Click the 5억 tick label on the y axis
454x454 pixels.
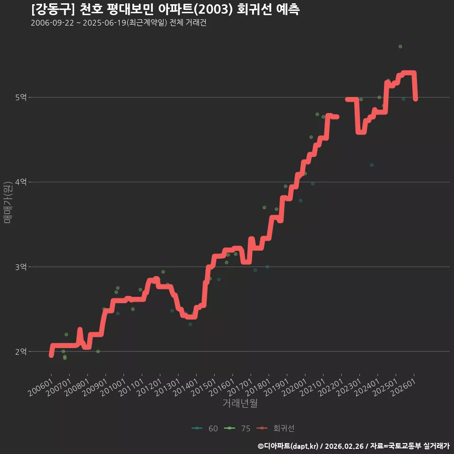(21, 97)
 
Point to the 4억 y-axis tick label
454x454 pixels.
(21, 182)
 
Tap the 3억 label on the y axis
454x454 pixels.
(21, 267)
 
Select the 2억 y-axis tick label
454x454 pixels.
(21, 351)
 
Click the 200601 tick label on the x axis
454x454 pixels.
(41, 387)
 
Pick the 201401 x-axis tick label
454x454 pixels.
(186, 387)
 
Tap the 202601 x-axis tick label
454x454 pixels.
(403, 387)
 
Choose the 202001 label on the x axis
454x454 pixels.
(295, 387)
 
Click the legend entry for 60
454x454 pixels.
(205, 428)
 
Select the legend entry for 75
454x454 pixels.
(237, 428)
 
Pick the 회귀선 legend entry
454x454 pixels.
(276, 428)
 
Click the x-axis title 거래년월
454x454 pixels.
(240, 403)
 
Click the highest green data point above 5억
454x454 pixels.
(400, 47)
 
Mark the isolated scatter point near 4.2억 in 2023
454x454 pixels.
(372, 165)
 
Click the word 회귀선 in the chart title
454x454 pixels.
(254, 9)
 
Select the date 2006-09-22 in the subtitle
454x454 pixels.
(52, 23)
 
